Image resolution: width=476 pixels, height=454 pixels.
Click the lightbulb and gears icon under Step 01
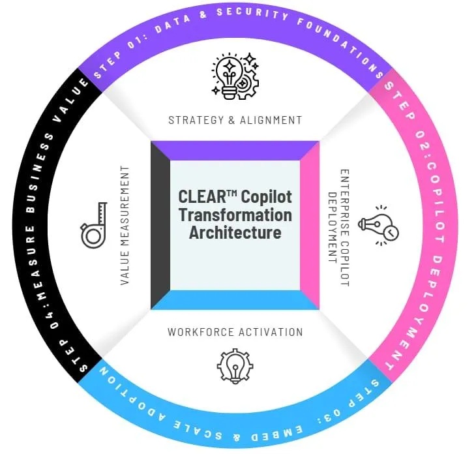(235, 76)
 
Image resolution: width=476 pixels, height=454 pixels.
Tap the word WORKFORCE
(196, 332)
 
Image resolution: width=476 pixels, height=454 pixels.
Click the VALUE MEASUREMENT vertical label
(125, 226)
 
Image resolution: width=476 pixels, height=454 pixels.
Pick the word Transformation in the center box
(235, 215)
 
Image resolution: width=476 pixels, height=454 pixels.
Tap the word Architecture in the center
(235, 232)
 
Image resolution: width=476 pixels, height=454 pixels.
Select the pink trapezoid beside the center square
(310, 225)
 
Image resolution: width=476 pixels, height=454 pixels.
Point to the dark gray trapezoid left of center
(160, 225)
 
